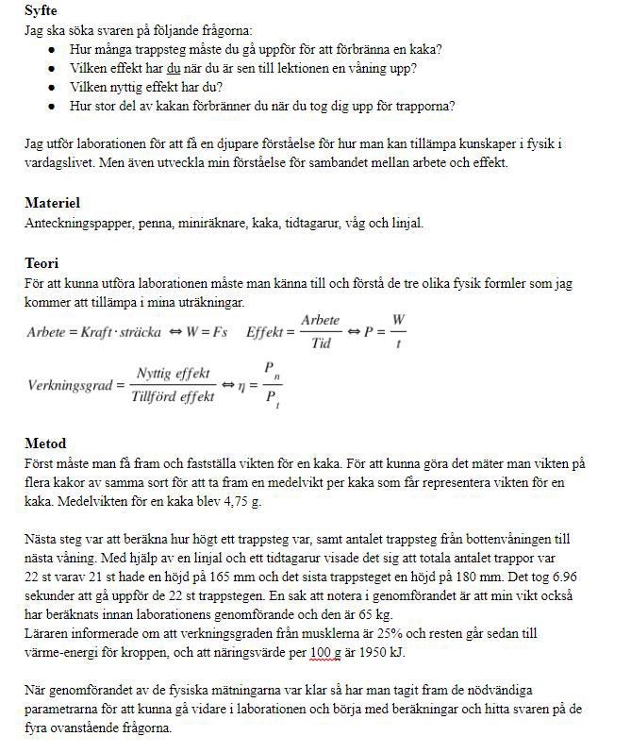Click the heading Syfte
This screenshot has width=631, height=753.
click(42, 10)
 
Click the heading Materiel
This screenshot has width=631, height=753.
click(52, 203)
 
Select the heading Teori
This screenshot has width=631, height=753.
click(42, 263)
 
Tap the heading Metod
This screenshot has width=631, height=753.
click(44, 443)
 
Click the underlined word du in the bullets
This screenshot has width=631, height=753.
click(173, 69)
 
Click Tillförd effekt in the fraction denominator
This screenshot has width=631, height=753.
click(173, 397)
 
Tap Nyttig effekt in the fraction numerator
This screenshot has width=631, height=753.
click(173, 374)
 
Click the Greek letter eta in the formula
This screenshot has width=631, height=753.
click(253, 386)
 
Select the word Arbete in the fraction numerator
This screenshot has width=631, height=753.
click(320, 321)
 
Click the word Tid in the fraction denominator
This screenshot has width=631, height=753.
click(321, 343)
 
